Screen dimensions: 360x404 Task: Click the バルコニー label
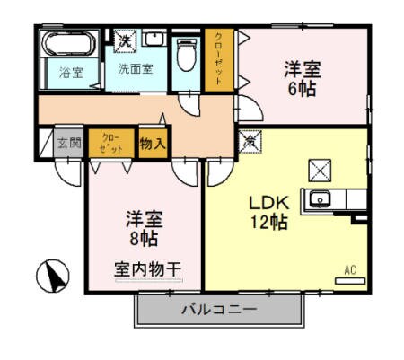218,310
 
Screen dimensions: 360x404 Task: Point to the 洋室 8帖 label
143,228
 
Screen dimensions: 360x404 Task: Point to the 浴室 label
71,73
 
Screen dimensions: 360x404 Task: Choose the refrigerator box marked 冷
250,141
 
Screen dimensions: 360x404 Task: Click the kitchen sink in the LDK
321,199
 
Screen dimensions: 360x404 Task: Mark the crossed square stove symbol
321,168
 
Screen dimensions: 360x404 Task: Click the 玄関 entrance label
70,142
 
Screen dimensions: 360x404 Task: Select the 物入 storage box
153,142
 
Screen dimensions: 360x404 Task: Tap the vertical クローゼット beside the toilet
216,59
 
